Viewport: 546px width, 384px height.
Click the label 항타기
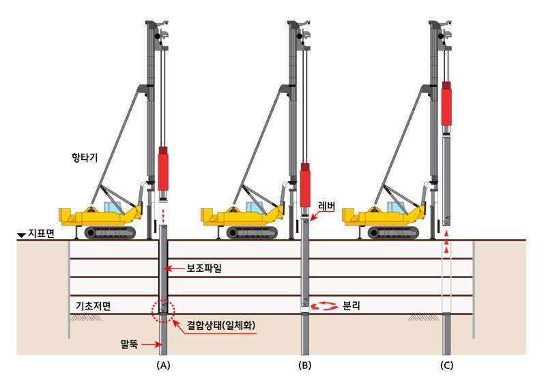(x=85, y=158)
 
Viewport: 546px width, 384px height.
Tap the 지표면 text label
(x=41, y=233)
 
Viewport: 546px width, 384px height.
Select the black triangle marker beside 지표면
(x=21, y=236)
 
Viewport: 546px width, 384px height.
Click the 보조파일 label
(x=204, y=269)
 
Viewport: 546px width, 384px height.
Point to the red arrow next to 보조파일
(x=174, y=269)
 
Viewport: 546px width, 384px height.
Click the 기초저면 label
(x=94, y=306)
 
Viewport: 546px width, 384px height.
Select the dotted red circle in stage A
(x=163, y=310)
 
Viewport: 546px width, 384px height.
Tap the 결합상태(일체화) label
(x=221, y=325)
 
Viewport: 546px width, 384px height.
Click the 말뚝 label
(x=129, y=344)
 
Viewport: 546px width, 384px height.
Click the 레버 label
(x=327, y=206)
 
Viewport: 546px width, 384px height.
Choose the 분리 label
(x=351, y=306)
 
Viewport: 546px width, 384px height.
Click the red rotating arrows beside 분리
(x=325, y=306)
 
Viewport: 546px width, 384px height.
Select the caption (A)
(x=163, y=365)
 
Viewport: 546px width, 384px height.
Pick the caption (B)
(x=305, y=365)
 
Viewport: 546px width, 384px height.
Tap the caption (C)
(x=447, y=365)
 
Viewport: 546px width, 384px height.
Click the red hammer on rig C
(x=446, y=103)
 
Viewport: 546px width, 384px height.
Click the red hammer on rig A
(x=163, y=168)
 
